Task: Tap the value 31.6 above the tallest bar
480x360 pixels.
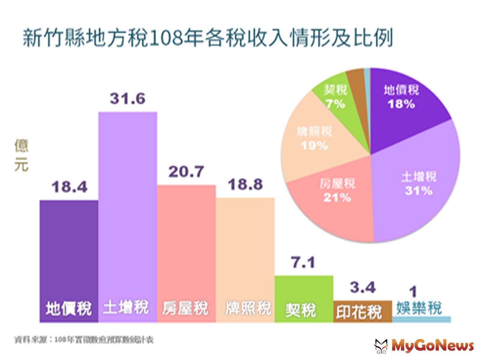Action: [x=127, y=98]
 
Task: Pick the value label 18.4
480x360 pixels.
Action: [x=69, y=187]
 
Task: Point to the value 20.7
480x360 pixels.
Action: [x=186, y=172]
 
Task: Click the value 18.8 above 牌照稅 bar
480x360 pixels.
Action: [x=245, y=184]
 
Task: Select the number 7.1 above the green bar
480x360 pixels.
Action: [x=303, y=263]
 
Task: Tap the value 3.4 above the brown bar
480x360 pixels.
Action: [x=362, y=288]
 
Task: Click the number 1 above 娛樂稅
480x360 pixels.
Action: [x=413, y=292]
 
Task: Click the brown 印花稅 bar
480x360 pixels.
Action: [x=362, y=312]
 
